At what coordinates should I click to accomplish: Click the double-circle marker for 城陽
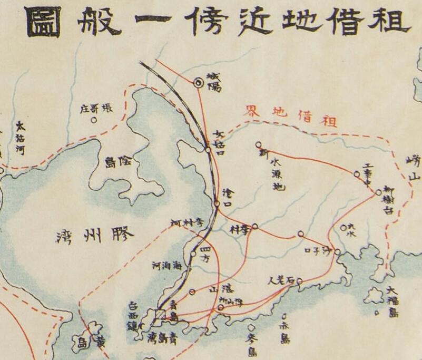(x=199, y=82)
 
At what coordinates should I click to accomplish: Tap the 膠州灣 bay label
(x=95, y=234)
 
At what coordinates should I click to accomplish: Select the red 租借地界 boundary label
(x=290, y=115)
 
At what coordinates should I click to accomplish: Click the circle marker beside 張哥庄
(x=94, y=120)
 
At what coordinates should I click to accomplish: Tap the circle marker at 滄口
(x=217, y=203)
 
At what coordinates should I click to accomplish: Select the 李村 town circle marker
(x=255, y=226)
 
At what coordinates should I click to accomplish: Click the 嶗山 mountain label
(x=415, y=169)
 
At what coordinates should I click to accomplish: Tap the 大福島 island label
(x=392, y=302)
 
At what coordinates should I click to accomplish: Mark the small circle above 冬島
(x=251, y=327)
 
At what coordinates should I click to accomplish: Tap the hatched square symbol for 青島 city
(x=161, y=314)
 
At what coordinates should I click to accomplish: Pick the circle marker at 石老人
(x=299, y=281)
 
